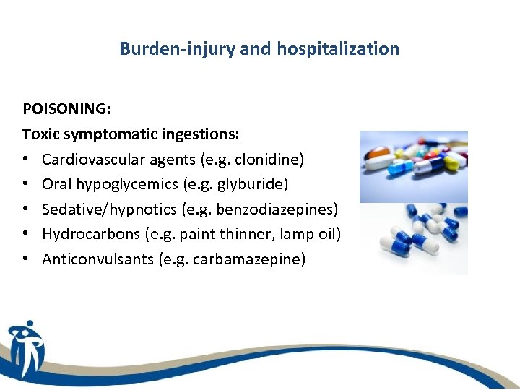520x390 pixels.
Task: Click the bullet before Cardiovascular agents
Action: (27, 160)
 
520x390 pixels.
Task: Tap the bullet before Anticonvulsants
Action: (27, 259)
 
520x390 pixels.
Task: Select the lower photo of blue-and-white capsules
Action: (414, 238)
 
